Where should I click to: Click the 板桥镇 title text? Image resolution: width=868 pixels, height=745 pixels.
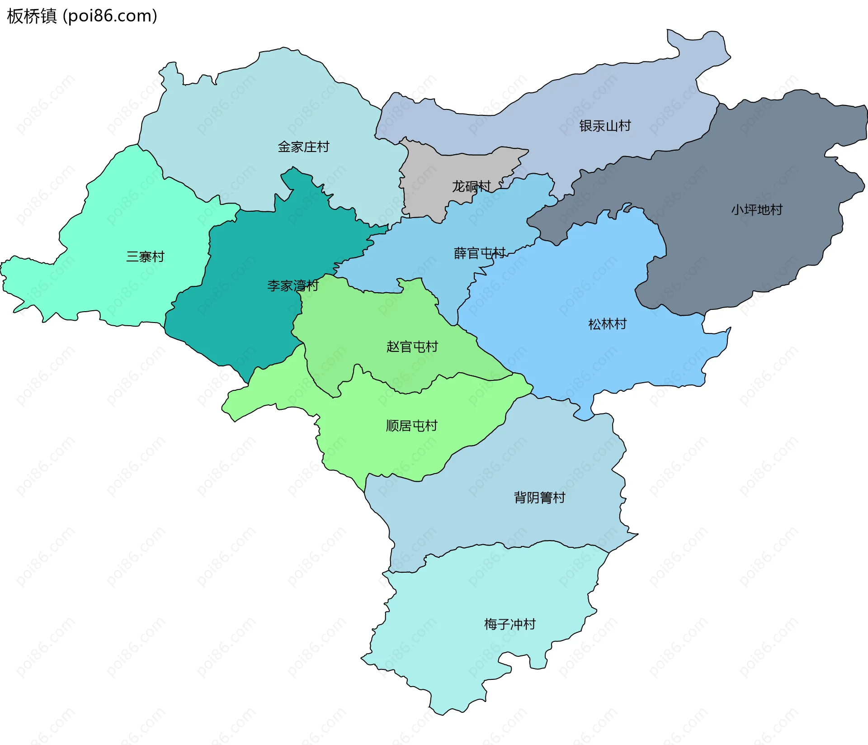[32, 16]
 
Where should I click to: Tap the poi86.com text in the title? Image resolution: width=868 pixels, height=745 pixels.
[110, 16]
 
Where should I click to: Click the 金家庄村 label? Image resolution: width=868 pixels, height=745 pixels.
[303, 147]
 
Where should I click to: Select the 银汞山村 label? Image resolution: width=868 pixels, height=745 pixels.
[605, 126]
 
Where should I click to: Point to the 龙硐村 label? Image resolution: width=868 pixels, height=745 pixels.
[471, 186]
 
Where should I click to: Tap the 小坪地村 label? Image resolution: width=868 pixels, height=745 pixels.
[757, 210]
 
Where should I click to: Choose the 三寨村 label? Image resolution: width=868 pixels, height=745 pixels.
[145, 257]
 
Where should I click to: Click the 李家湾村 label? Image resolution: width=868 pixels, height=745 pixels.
[293, 286]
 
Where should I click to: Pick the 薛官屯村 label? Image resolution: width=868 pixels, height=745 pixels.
[480, 253]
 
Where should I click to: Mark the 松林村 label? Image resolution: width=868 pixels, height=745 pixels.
[607, 324]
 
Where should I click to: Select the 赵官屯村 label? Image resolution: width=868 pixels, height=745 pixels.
[412, 347]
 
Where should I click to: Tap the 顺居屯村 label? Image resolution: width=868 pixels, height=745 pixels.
[411, 426]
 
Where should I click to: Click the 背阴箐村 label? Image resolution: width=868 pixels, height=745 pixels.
[539, 498]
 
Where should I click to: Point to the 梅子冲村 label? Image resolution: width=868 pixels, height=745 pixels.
[509, 625]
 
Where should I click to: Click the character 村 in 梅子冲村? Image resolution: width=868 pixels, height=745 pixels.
[529, 625]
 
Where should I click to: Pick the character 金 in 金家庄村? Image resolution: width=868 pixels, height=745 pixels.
[284, 147]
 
